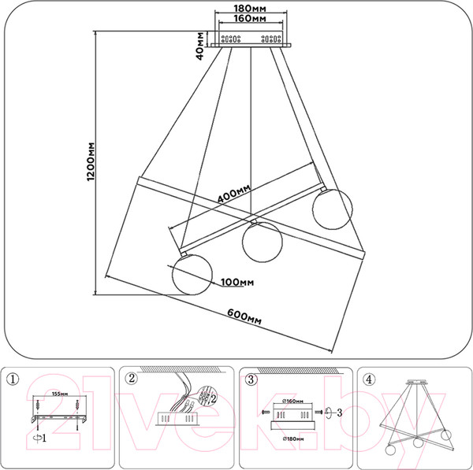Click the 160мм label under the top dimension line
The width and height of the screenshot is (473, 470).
pos(250,20)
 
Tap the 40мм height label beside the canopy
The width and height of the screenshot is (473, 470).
pos(202,45)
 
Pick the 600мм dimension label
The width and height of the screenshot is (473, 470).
pos(243,316)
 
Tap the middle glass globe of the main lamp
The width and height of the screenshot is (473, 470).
pos(262,241)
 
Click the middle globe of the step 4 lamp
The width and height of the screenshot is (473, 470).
pos(415,442)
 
